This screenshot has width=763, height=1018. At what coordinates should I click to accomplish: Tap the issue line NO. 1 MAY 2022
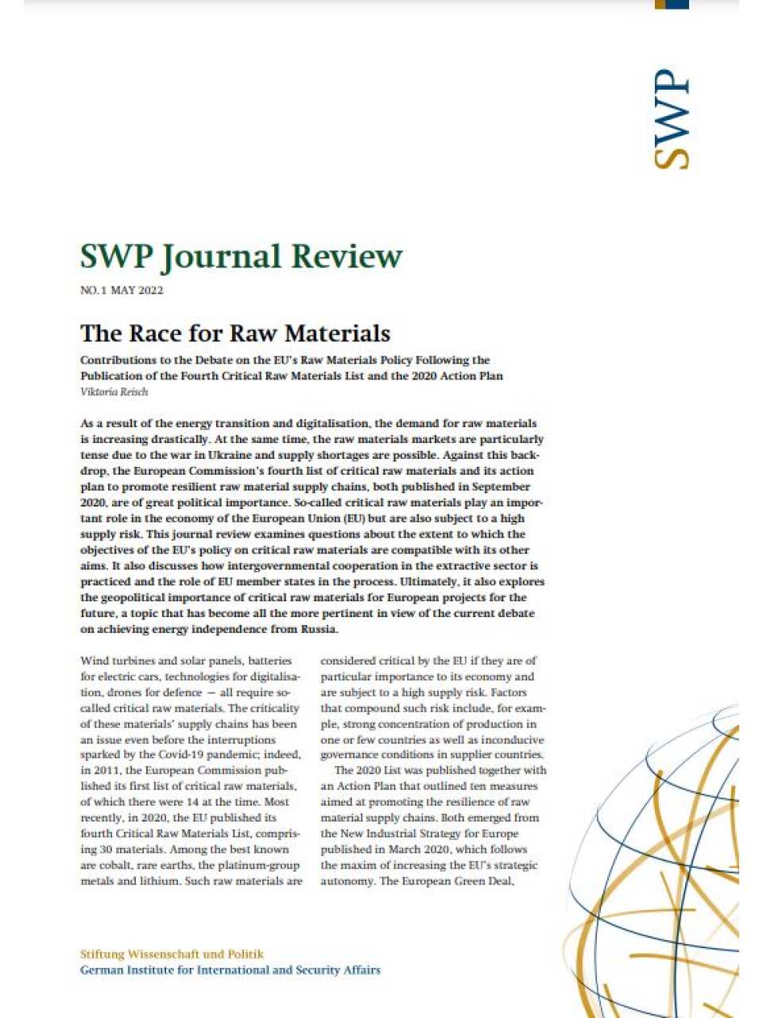click(x=122, y=290)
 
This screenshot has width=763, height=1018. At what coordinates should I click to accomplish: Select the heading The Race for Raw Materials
click(x=235, y=332)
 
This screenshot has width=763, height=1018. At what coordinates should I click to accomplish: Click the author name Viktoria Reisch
click(x=114, y=391)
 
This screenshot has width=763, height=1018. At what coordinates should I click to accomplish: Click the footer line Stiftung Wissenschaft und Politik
click(x=172, y=954)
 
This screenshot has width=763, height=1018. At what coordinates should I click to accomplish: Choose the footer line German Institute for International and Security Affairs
click(x=230, y=969)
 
